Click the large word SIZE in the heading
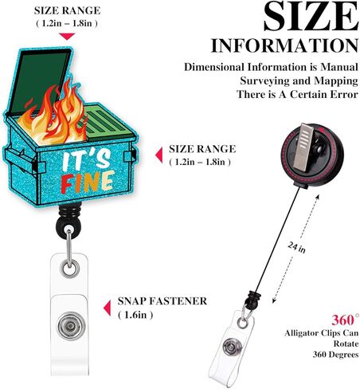(311, 16)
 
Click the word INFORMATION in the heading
(284, 45)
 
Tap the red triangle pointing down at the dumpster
(67, 37)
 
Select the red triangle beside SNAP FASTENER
(108, 308)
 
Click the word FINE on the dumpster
(88, 182)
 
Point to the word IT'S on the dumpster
(86, 161)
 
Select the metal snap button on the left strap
(71, 326)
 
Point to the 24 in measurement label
(297, 248)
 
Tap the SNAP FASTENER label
(162, 301)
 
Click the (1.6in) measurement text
(135, 315)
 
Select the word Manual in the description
(339, 67)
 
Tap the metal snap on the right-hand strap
(233, 348)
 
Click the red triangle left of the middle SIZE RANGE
(159, 155)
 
